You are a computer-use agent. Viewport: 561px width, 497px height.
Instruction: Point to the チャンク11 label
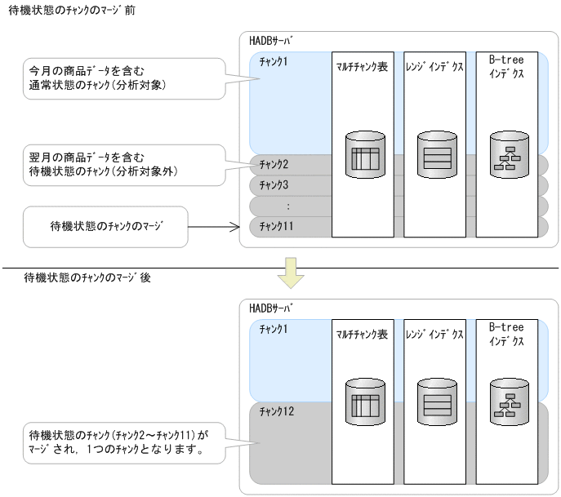coord(275,225)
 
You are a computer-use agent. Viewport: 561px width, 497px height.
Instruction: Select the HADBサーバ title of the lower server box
coord(271,307)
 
